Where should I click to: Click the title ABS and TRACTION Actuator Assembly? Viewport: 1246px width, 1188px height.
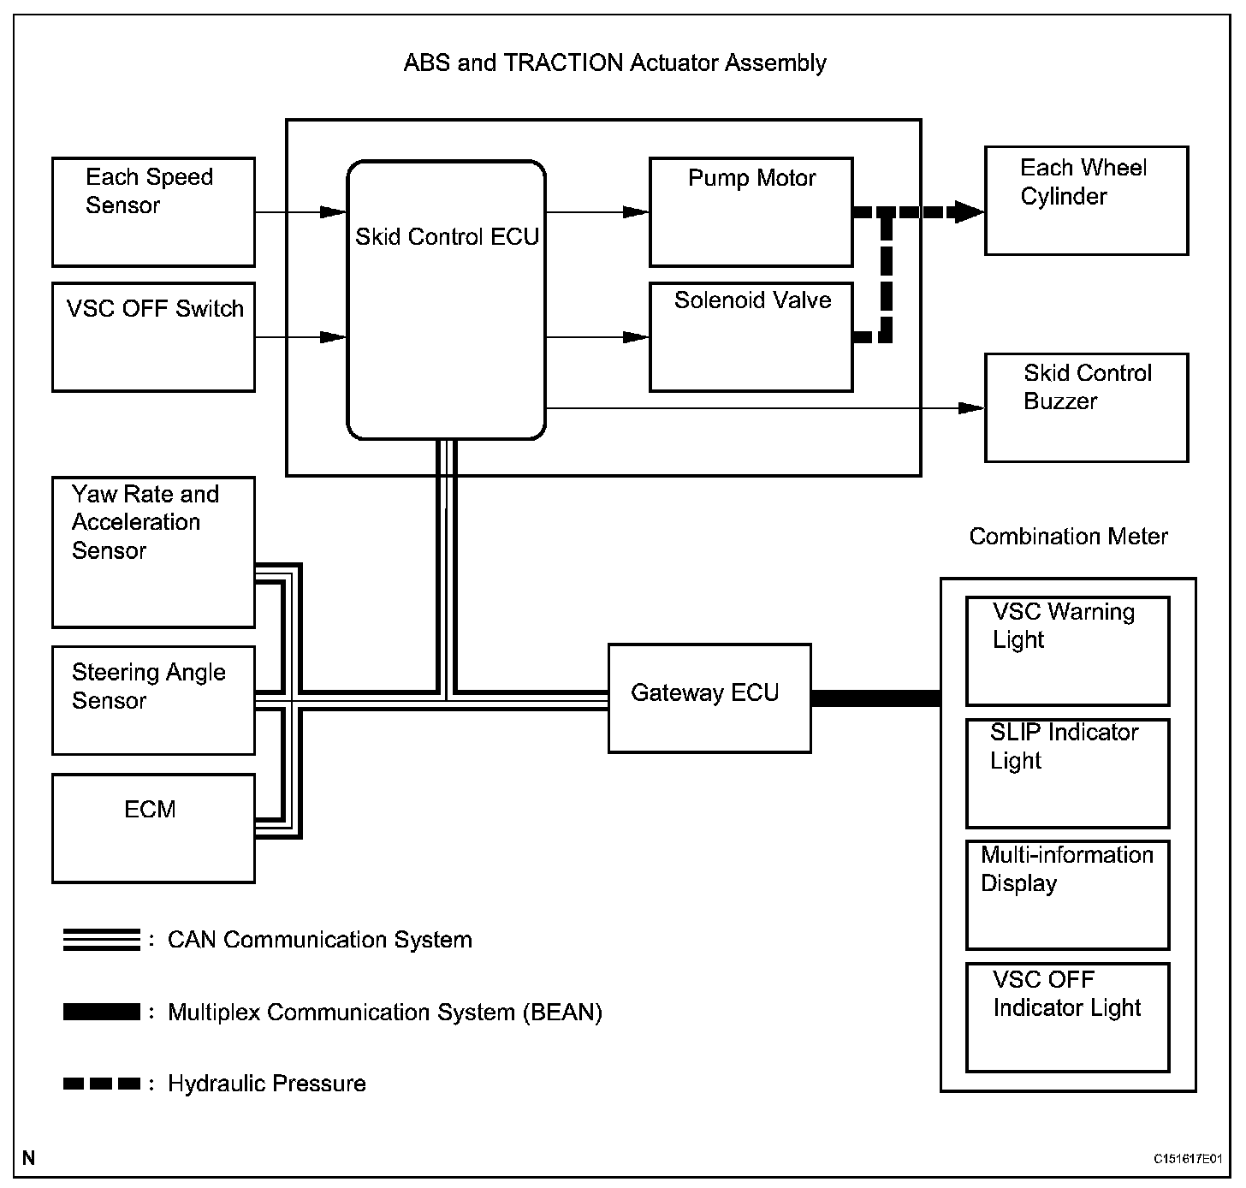pyautogui.click(x=614, y=62)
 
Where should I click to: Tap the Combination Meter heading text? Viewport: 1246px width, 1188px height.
pyautogui.click(x=1069, y=537)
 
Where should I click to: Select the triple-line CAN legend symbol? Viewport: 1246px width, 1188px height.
pyautogui.click(x=101, y=940)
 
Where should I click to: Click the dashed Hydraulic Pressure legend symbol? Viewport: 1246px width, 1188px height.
pyautogui.click(x=101, y=1084)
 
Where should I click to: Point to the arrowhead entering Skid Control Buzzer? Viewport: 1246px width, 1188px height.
pyautogui.click(x=971, y=407)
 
